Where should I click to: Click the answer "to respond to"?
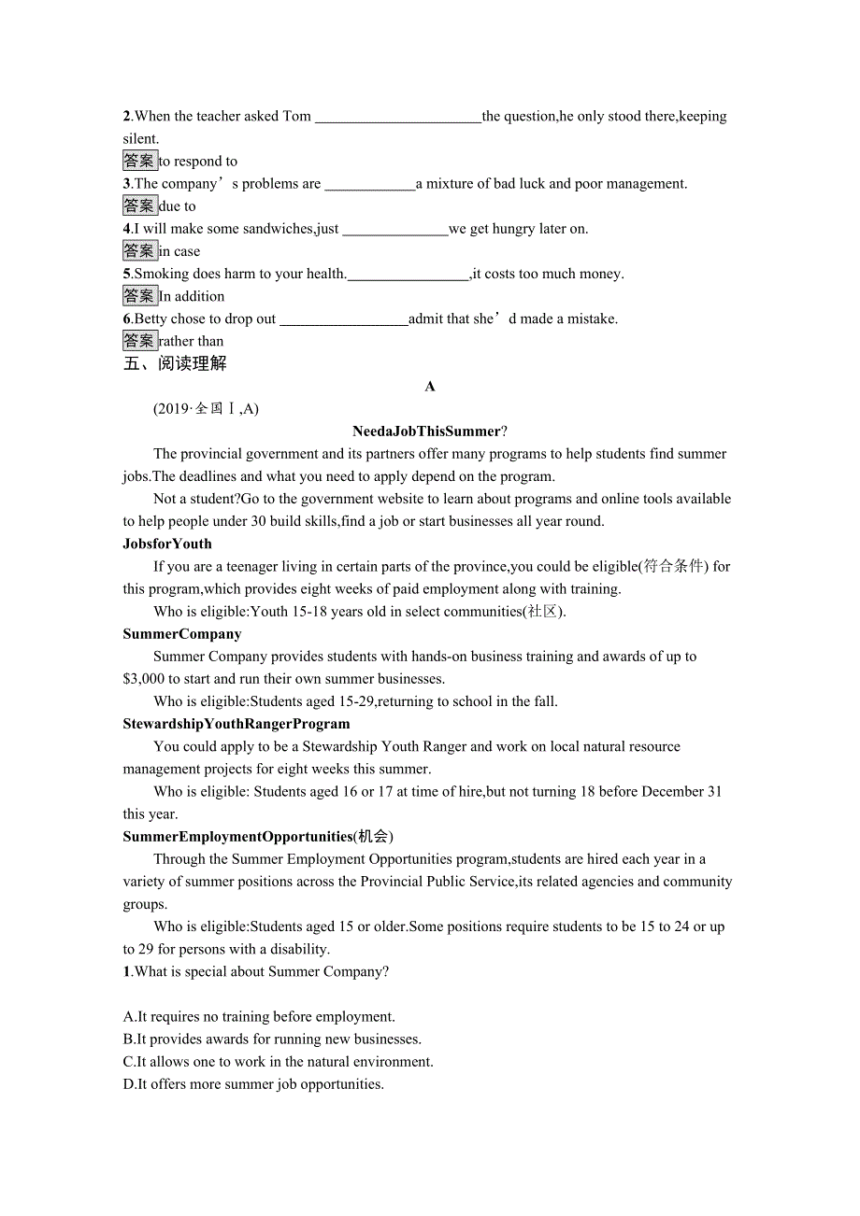point(198,162)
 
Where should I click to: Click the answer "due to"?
point(178,206)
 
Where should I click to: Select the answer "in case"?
point(179,251)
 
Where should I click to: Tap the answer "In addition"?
point(192,296)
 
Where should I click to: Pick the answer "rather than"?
point(191,341)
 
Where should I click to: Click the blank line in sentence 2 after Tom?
point(397,118)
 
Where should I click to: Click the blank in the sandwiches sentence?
point(395,230)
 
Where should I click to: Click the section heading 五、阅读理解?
point(175,363)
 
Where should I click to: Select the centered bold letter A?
point(430,387)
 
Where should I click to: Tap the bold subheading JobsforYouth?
point(167,544)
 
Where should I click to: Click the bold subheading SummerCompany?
point(182,634)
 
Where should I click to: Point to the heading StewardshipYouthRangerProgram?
point(236,724)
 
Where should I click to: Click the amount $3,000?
point(144,679)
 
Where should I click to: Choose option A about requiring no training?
point(259,1017)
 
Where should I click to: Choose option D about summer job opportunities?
point(253,1084)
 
